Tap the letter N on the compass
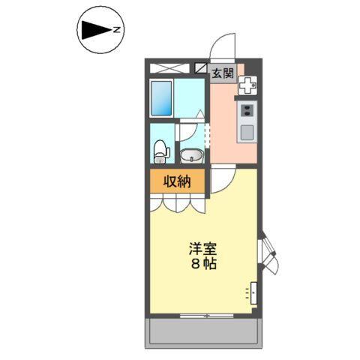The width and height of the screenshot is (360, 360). pos(117,31)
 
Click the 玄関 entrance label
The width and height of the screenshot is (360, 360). pos(221,73)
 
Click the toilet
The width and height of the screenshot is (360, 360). pos(160,151)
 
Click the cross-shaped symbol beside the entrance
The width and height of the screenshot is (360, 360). pos(247,86)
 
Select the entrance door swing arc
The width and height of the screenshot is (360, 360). pos(223,46)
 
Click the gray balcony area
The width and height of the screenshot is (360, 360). pos(202,331)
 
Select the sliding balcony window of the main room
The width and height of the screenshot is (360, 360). pos(202,315)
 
